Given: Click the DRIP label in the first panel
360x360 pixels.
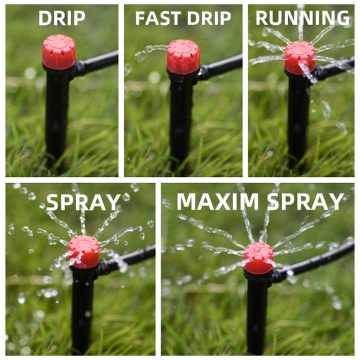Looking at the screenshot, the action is (62, 18).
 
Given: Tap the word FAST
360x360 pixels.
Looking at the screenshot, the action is (158, 18).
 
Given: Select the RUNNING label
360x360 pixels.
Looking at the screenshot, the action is (302, 18).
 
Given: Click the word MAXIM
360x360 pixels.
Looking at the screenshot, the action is (217, 202).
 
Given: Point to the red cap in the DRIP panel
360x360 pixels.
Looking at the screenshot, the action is (59, 52).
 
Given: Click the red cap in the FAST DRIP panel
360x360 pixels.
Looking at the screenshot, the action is (183, 56).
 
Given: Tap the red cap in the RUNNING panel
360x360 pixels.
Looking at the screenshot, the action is (300, 58).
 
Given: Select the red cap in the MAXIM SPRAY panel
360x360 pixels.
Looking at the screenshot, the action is (258, 258).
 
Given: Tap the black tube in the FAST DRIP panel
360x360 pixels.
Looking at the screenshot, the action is (221, 67).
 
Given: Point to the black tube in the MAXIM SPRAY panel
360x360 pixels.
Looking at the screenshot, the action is (312, 262).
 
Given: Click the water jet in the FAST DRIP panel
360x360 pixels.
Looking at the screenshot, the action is (151, 52).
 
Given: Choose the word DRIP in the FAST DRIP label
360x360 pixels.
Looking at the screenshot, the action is (209, 18).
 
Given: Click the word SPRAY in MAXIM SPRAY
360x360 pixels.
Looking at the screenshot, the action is (306, 202).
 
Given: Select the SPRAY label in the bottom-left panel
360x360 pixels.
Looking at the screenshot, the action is (84, 202).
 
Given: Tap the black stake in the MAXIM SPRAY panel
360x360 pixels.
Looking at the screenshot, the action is (257, 312).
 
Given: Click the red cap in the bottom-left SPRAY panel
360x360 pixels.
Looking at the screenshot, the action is (84, 252).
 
